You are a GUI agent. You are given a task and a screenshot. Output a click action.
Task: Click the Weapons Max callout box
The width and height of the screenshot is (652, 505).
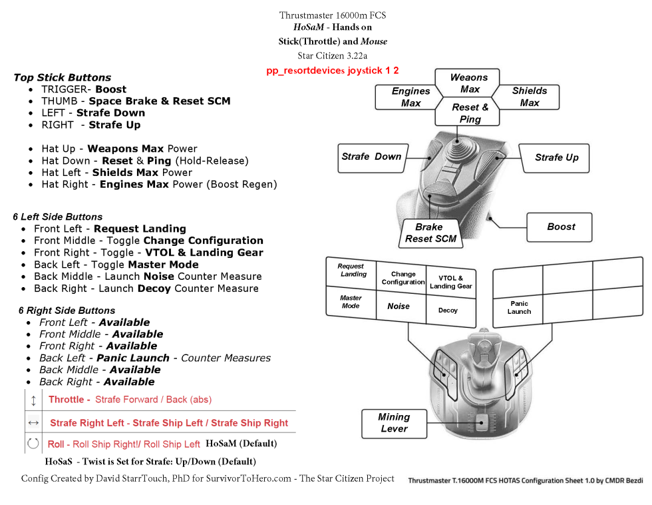click(469, 83)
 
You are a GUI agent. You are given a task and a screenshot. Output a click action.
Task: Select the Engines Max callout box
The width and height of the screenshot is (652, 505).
click(410, 97)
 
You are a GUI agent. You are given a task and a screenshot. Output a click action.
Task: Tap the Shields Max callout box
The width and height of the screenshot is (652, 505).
click(530, 97)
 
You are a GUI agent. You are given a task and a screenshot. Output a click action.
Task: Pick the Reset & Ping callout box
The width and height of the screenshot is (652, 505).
click(470, 113)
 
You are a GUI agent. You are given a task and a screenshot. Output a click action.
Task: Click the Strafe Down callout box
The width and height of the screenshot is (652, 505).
click(371, 157)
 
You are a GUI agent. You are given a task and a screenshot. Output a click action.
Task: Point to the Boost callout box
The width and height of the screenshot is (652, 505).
click(561, 227)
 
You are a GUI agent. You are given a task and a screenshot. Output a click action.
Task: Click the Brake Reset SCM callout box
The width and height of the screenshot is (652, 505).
click(430, 233)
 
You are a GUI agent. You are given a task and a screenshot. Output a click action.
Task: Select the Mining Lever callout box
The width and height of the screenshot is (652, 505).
click(394, 423)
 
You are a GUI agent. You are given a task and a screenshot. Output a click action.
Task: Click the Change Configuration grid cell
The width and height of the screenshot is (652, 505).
click(403, 278)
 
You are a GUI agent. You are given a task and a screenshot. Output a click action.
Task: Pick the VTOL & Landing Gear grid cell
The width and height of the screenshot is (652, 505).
click(451, 282)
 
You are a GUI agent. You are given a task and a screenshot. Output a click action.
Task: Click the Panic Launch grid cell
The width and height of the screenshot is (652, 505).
click(519, 307)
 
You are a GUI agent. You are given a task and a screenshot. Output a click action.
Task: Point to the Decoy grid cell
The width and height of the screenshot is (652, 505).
click(448, 310)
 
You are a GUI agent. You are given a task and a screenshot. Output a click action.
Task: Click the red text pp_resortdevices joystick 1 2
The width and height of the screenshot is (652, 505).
click(333, 71)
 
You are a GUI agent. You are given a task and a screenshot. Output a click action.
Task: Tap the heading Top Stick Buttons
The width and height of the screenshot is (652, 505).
click(62, 77)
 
